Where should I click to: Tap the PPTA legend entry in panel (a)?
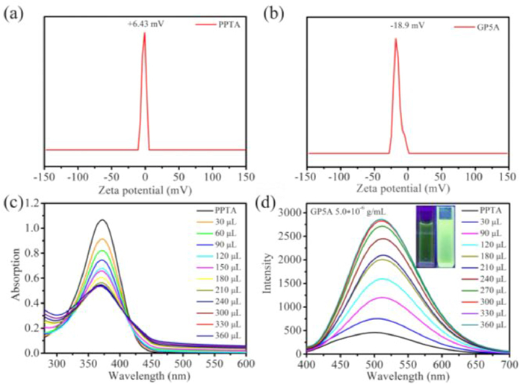coord(222,25)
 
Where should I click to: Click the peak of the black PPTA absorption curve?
coord(102,219)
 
